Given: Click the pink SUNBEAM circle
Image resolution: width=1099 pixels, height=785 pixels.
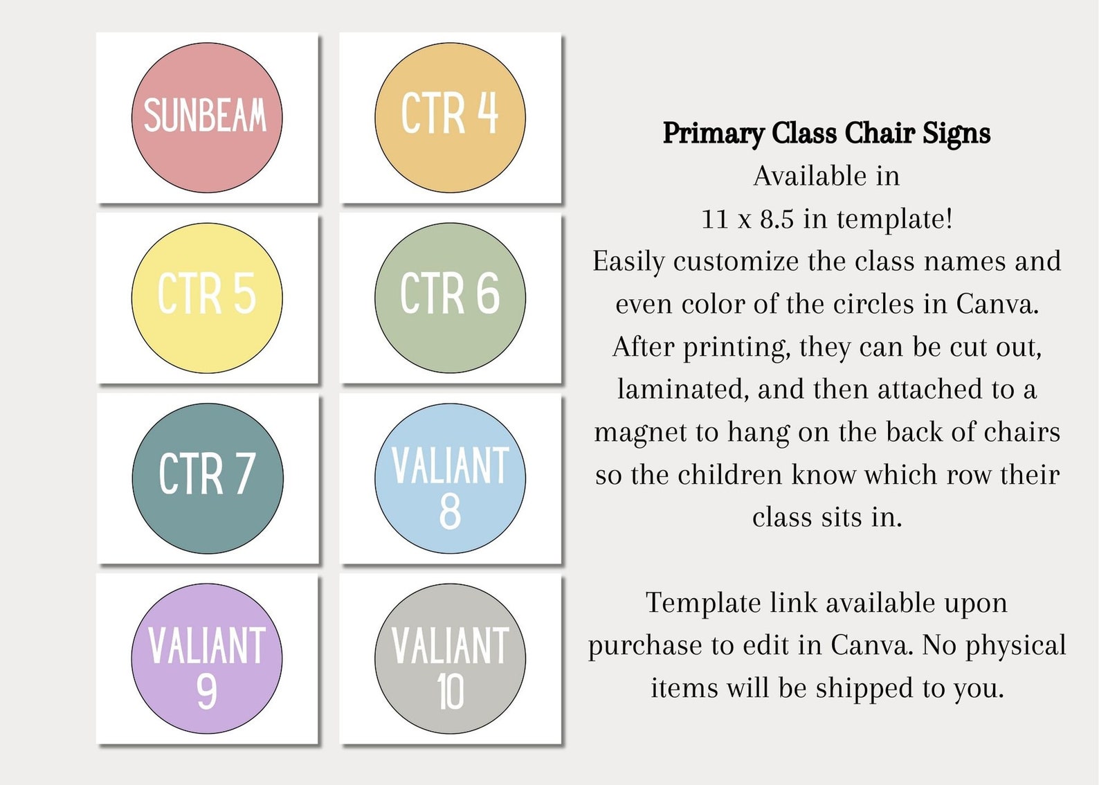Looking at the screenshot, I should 207,118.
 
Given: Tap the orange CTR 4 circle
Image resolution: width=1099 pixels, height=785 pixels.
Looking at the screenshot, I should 450,118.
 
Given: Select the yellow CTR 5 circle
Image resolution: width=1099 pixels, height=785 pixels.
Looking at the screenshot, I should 207,298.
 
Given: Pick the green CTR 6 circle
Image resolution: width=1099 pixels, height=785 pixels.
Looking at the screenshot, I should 450,298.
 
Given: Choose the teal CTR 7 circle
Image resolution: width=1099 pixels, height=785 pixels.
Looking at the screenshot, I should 208,478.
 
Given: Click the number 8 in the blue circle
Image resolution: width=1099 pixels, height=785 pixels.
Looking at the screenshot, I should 450,512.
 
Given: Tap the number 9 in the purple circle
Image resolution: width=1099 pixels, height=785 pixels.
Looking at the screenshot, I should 206,692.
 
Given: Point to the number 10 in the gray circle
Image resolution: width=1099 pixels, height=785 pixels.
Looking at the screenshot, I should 450,692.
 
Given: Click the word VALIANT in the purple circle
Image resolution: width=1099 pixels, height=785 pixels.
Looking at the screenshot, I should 207,647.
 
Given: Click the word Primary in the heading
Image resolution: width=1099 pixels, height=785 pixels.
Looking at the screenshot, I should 713,134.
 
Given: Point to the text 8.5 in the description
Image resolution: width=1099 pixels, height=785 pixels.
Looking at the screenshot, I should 776,219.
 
